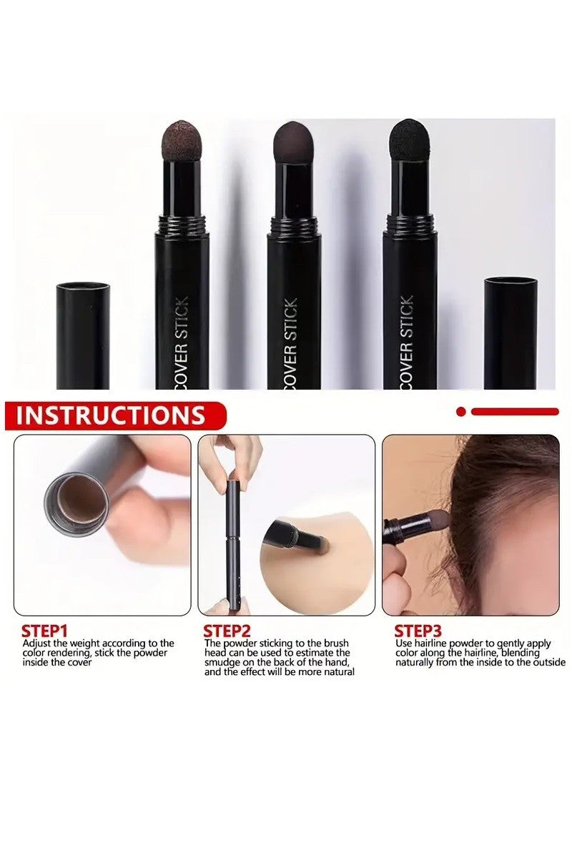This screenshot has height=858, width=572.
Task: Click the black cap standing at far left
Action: tap(83, 336)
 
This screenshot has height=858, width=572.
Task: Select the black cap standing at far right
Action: tap(511, 333)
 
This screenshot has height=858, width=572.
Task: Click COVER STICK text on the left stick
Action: tap(182, 342)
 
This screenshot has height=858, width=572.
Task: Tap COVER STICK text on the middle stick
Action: tap(290, 343)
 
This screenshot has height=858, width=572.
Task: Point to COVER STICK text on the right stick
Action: tap(406, 342)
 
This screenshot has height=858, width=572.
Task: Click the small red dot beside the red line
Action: tap(461, 412)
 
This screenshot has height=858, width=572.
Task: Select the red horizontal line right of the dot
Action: tap(515, 412)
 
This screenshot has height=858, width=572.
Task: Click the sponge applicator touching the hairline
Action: tap(438, 522)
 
